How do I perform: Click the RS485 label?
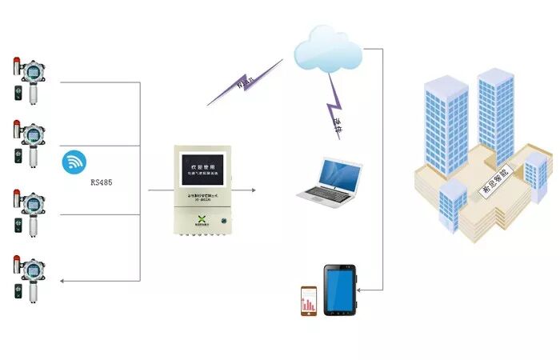(x=101, y=183)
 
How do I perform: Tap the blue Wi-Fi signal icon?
(x=75, y=162)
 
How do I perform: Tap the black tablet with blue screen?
(x=341, y=290)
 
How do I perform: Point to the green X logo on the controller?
(x=202, y=220)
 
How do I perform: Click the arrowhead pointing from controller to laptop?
(x=253, y=190)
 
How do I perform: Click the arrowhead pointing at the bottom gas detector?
(x=64, y=281)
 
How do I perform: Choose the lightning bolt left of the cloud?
(x=245, y=82)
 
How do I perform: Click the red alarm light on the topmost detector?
(x=18, y=62)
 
